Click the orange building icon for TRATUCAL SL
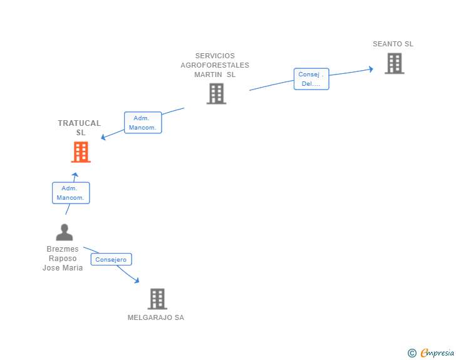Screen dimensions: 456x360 (81, 152)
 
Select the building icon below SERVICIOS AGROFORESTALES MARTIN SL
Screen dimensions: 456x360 (216, 93)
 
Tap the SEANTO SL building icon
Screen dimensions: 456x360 (395, 63)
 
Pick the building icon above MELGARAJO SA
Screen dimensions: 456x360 (157, 299)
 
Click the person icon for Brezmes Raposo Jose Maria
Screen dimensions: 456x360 (65, 232)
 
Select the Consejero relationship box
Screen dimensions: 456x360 (111, 259)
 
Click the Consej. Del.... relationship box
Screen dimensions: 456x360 (311, 79)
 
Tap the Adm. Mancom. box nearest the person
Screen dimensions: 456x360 (71, 193)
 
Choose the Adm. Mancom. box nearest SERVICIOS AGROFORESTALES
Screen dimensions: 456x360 (143, 123)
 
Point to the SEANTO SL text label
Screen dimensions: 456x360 (393, 44)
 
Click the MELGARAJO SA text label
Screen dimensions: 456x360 (156, 317)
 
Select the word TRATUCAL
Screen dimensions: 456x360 (80, 123)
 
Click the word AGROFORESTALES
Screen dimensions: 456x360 (215, 65)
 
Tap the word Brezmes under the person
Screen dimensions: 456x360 (63, 249)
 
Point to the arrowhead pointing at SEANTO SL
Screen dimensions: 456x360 (371, 69)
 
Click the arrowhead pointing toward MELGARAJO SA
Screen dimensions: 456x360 (137, 280)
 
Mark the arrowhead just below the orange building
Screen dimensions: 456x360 (75, 175)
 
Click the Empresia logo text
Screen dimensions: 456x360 (437, 352)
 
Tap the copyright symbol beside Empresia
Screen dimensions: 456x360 (412, 353)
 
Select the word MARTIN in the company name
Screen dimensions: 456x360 (208, 75)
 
